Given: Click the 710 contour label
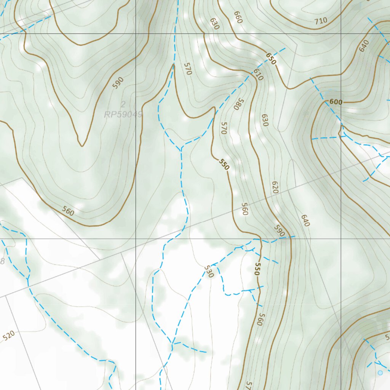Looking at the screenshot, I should [321, 21].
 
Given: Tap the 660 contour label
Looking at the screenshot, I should [238, 18].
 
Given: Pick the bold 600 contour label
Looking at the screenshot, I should [336, 102].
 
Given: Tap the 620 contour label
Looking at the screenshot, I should [275, 187].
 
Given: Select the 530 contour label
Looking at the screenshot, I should [209, 271].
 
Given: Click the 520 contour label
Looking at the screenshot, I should [8, 335].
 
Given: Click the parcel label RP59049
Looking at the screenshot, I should [123, 114].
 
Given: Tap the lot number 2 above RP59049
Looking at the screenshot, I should [123, 104].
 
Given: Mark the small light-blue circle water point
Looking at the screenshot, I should [380, 372].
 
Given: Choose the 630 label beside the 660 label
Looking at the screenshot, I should [214, 24].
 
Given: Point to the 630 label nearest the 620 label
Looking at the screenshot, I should [265, 120].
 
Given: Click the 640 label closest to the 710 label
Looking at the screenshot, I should [364, 46].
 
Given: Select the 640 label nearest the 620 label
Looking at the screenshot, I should [305, 221].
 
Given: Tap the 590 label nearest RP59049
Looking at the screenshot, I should [118, 83].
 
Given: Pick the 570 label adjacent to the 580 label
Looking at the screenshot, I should [224, 128].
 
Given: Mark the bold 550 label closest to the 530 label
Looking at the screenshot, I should [257, 269].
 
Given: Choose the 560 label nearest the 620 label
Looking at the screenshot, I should [245, 209].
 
